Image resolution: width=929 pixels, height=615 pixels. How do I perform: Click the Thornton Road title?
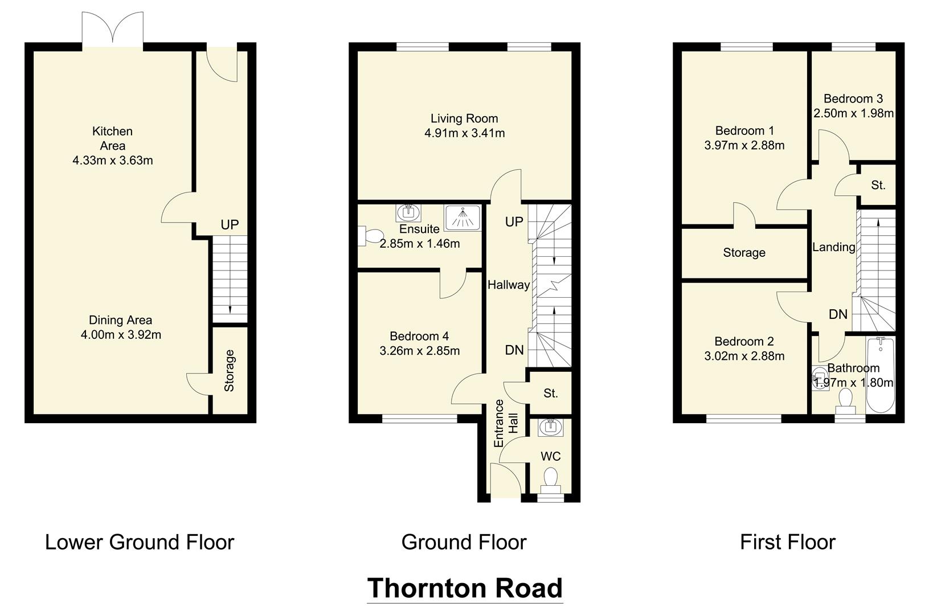(x=465, y=588)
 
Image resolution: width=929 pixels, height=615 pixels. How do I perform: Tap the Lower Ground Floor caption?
(x=140, y=542)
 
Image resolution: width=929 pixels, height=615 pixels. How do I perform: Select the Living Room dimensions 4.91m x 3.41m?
(x=464, y=133)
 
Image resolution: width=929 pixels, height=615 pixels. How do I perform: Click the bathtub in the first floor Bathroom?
(x=880, y=375)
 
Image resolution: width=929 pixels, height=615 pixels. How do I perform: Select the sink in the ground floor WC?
(x=550, y=427)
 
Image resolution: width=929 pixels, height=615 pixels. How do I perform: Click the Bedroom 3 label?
(x=853, y=99)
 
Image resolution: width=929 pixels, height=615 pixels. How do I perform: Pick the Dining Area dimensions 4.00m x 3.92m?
(x=121, y=335)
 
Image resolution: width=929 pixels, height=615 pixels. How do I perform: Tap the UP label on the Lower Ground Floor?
(x=230, y=225)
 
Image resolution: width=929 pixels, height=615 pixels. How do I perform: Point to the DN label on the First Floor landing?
(x=838, y=314)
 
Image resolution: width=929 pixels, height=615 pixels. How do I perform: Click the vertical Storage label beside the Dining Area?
(x=230, y=370)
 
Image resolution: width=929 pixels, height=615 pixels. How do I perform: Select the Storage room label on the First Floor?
(x=744, y=252)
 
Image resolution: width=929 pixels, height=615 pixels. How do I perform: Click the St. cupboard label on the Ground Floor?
(x=550, y=393)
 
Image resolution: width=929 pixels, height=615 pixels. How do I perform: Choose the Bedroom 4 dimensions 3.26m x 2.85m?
(x=419, y=351)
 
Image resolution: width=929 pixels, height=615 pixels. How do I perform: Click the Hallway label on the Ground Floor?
(x=508, y=285)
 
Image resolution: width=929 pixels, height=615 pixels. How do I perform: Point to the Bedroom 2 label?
(x=744, y=341)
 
